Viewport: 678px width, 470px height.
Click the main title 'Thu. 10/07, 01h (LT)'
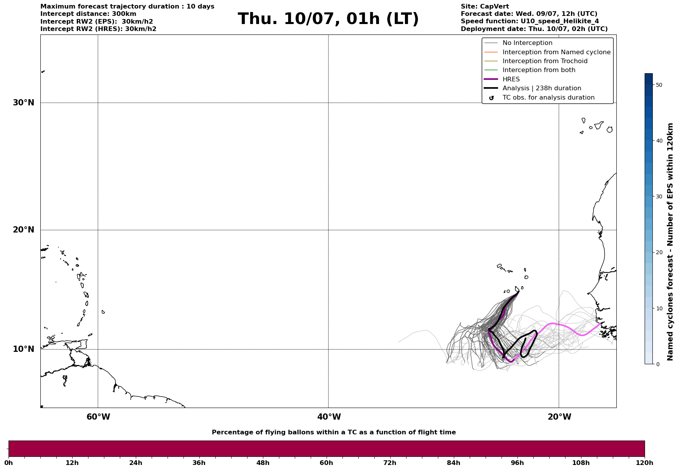tap(328, 19)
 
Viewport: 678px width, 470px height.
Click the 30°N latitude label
tap(23, 103)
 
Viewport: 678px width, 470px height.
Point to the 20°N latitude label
tap(23, 230)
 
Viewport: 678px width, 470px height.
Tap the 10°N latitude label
tap(23, 349)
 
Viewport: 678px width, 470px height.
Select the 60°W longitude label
tap(98, 417)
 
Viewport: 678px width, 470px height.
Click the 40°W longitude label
tap(329, 417)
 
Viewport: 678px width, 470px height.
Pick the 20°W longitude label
tap(559, 417)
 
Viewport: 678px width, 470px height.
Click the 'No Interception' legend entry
tap(527, 43)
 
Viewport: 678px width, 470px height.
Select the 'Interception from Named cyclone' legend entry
tap(556, 52)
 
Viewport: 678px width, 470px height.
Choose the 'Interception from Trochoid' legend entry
tap(545, 61)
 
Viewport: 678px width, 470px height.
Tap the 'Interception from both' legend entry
tap(539, 70)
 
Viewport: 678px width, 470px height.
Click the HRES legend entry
tap(511, 79)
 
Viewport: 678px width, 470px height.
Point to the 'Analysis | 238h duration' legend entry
tap(541, 88)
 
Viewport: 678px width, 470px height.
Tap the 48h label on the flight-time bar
tap(263, 463)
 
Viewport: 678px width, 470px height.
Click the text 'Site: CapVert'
tap(484, 7)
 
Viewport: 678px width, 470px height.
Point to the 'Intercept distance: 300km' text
tap(88, 14)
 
